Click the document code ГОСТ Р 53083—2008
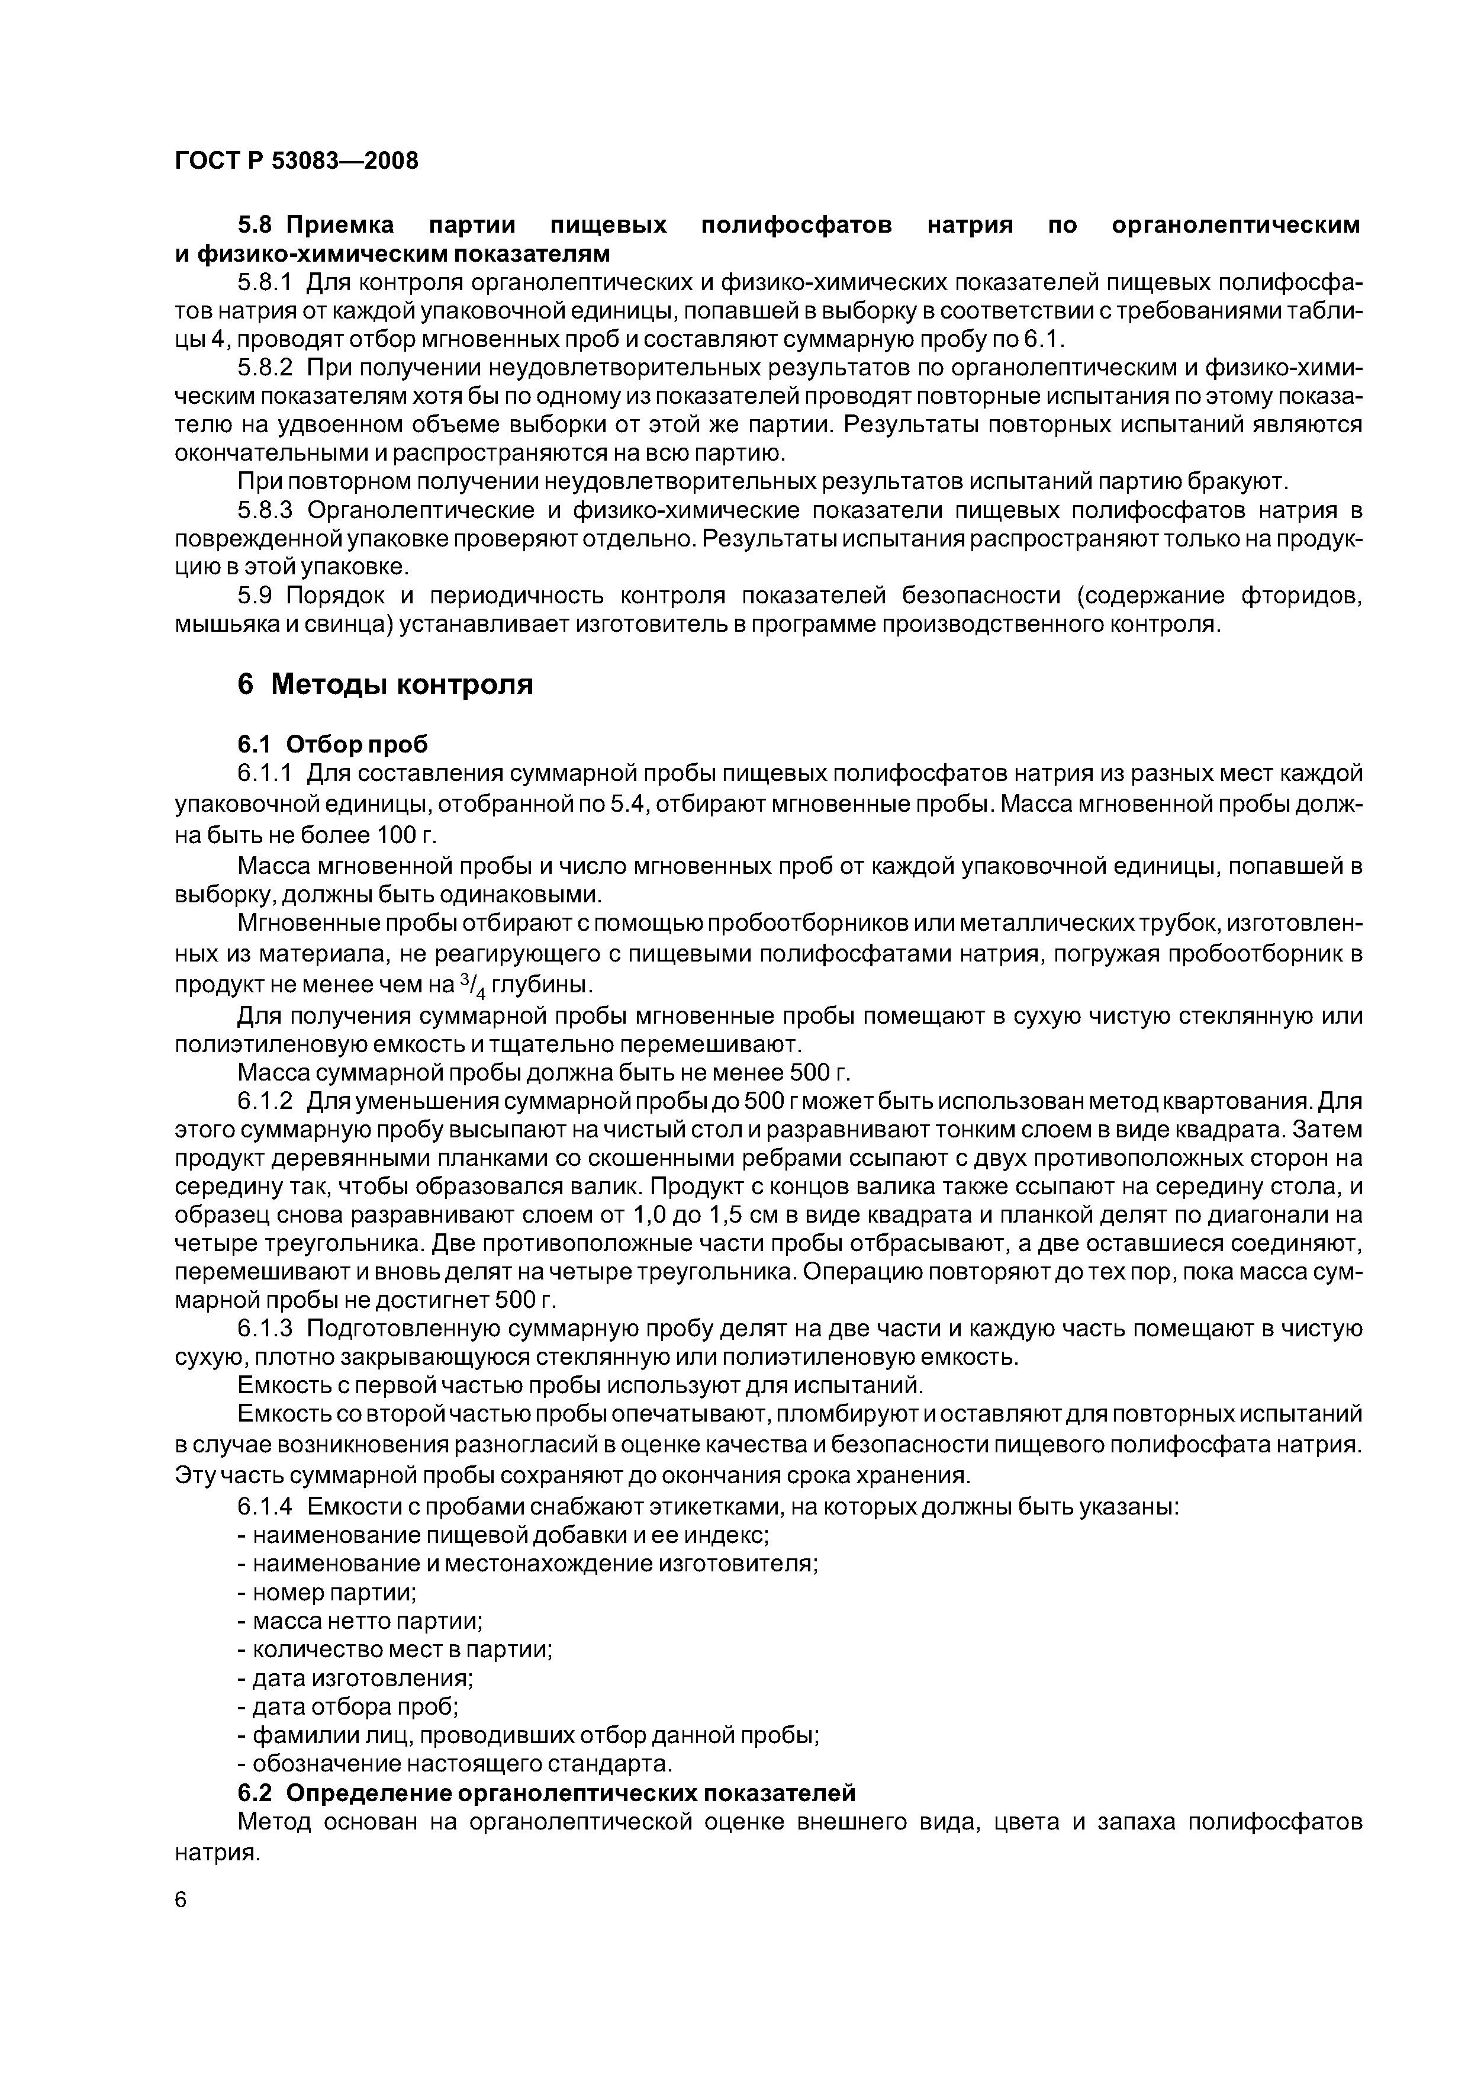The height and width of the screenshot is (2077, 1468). [297, 162]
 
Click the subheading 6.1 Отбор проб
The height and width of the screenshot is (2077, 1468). [332, 744]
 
